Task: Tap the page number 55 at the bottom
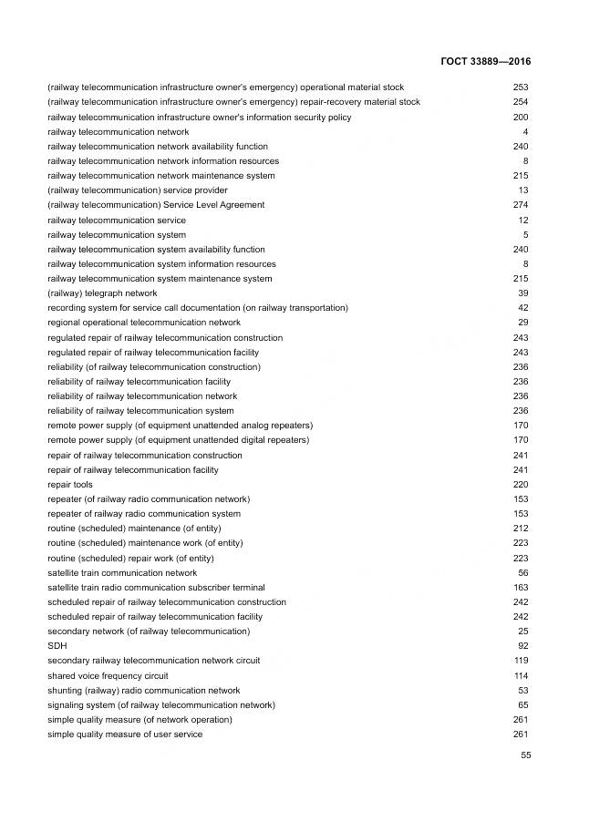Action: click(x=525, y=755)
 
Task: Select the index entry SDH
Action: click(x=56, y=646)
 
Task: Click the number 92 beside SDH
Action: click(x=522, y=646)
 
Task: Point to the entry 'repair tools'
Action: click(x=70, y=485)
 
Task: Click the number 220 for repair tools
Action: click(x=521, y=485)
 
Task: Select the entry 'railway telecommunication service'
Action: click(x=117, y=221)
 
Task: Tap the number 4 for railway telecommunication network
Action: click(x=525, y=132)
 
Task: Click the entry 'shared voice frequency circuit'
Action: click(x=108, y=675)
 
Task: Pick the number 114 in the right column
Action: click(x=521, y=675)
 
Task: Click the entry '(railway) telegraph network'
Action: click(x=102, y=293)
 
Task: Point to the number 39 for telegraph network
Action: click(x=522, y=293)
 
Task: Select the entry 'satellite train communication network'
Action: click(x=122, y=573)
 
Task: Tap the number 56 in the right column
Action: click(x=522, y=573)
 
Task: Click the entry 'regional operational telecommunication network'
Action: click(x=144, y=323)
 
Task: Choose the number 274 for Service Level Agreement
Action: click(x=521, y=205)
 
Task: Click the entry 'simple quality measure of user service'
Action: click(x=125, y=734)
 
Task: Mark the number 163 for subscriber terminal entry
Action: click(x=521, y=588)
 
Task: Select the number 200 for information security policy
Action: click(x=521, y=118)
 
